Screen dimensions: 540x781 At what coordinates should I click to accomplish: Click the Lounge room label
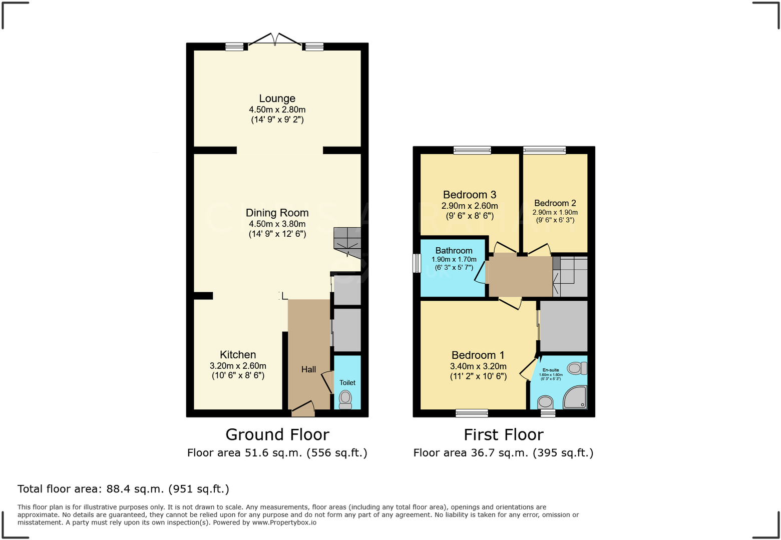277,99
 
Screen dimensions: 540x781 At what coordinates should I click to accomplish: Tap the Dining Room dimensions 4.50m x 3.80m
277,224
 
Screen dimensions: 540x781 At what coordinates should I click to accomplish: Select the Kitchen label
238,355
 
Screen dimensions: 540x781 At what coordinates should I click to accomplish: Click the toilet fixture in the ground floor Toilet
345,399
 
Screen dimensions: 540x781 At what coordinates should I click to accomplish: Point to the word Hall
308,369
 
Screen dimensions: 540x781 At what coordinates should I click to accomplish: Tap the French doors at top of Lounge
274,41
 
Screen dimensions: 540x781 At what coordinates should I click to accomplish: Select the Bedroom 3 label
469,195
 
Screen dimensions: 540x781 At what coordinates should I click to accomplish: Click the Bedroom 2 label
555,203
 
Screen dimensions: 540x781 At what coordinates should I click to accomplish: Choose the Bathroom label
454,251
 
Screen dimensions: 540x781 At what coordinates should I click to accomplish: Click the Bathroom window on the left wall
417,263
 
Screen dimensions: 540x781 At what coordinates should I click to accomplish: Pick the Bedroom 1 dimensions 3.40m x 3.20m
478,366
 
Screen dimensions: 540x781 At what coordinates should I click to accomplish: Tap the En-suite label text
551,370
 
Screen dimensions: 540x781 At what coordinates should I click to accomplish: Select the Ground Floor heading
277,434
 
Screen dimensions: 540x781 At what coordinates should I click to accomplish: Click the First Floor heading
503,434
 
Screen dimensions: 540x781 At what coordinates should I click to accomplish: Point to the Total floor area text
123,489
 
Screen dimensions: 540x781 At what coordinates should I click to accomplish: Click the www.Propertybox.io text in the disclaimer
284,522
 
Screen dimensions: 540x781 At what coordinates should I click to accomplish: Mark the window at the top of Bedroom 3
472,150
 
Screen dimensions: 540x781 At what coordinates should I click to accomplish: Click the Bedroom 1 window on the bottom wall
472,413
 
